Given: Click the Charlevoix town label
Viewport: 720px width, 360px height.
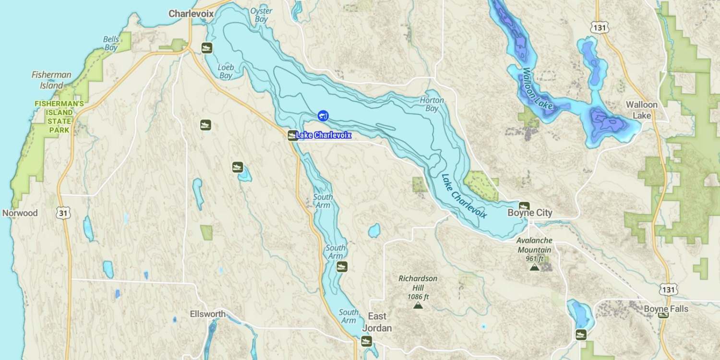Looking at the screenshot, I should [191, 14].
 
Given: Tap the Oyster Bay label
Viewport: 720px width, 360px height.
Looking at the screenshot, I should [261, 15].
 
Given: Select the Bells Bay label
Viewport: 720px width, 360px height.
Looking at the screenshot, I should [111, 43].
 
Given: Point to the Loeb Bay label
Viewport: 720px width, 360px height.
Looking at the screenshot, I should [225, 71].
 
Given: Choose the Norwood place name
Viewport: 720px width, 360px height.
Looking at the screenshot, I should [20, 213].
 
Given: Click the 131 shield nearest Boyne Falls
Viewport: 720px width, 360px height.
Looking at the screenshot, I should [668, 289].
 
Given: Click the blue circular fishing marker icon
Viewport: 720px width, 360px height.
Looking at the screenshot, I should [323, 115].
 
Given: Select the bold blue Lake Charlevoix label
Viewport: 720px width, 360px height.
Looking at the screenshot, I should [323, 135].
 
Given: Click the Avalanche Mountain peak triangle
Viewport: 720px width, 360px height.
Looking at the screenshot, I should [534, 267].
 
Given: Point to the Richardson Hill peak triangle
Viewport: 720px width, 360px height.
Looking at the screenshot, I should [418, 305].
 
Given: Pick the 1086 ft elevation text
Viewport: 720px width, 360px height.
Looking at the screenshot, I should [418, 297].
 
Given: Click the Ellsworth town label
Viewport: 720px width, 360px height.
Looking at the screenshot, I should [207, 314].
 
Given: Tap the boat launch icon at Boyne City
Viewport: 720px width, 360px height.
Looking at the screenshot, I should [524, 206].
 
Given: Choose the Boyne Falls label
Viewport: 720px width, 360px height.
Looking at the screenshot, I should [666, 309].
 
